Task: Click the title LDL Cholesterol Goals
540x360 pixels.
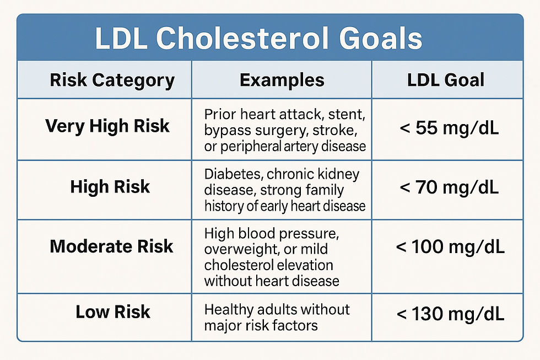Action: click(x=258, y=39)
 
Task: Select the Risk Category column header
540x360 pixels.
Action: click(x=112, y=80)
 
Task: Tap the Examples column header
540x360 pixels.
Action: click(x=282, y=80)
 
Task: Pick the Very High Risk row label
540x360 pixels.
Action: click(x=107, y=126)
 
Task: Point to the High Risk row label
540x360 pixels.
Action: click(x=110, y=187)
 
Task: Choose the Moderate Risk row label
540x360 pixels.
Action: click(x=111, y=246)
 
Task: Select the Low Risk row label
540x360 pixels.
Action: click(x=113, y=312)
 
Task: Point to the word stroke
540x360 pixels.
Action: click(x=343, y=131)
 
